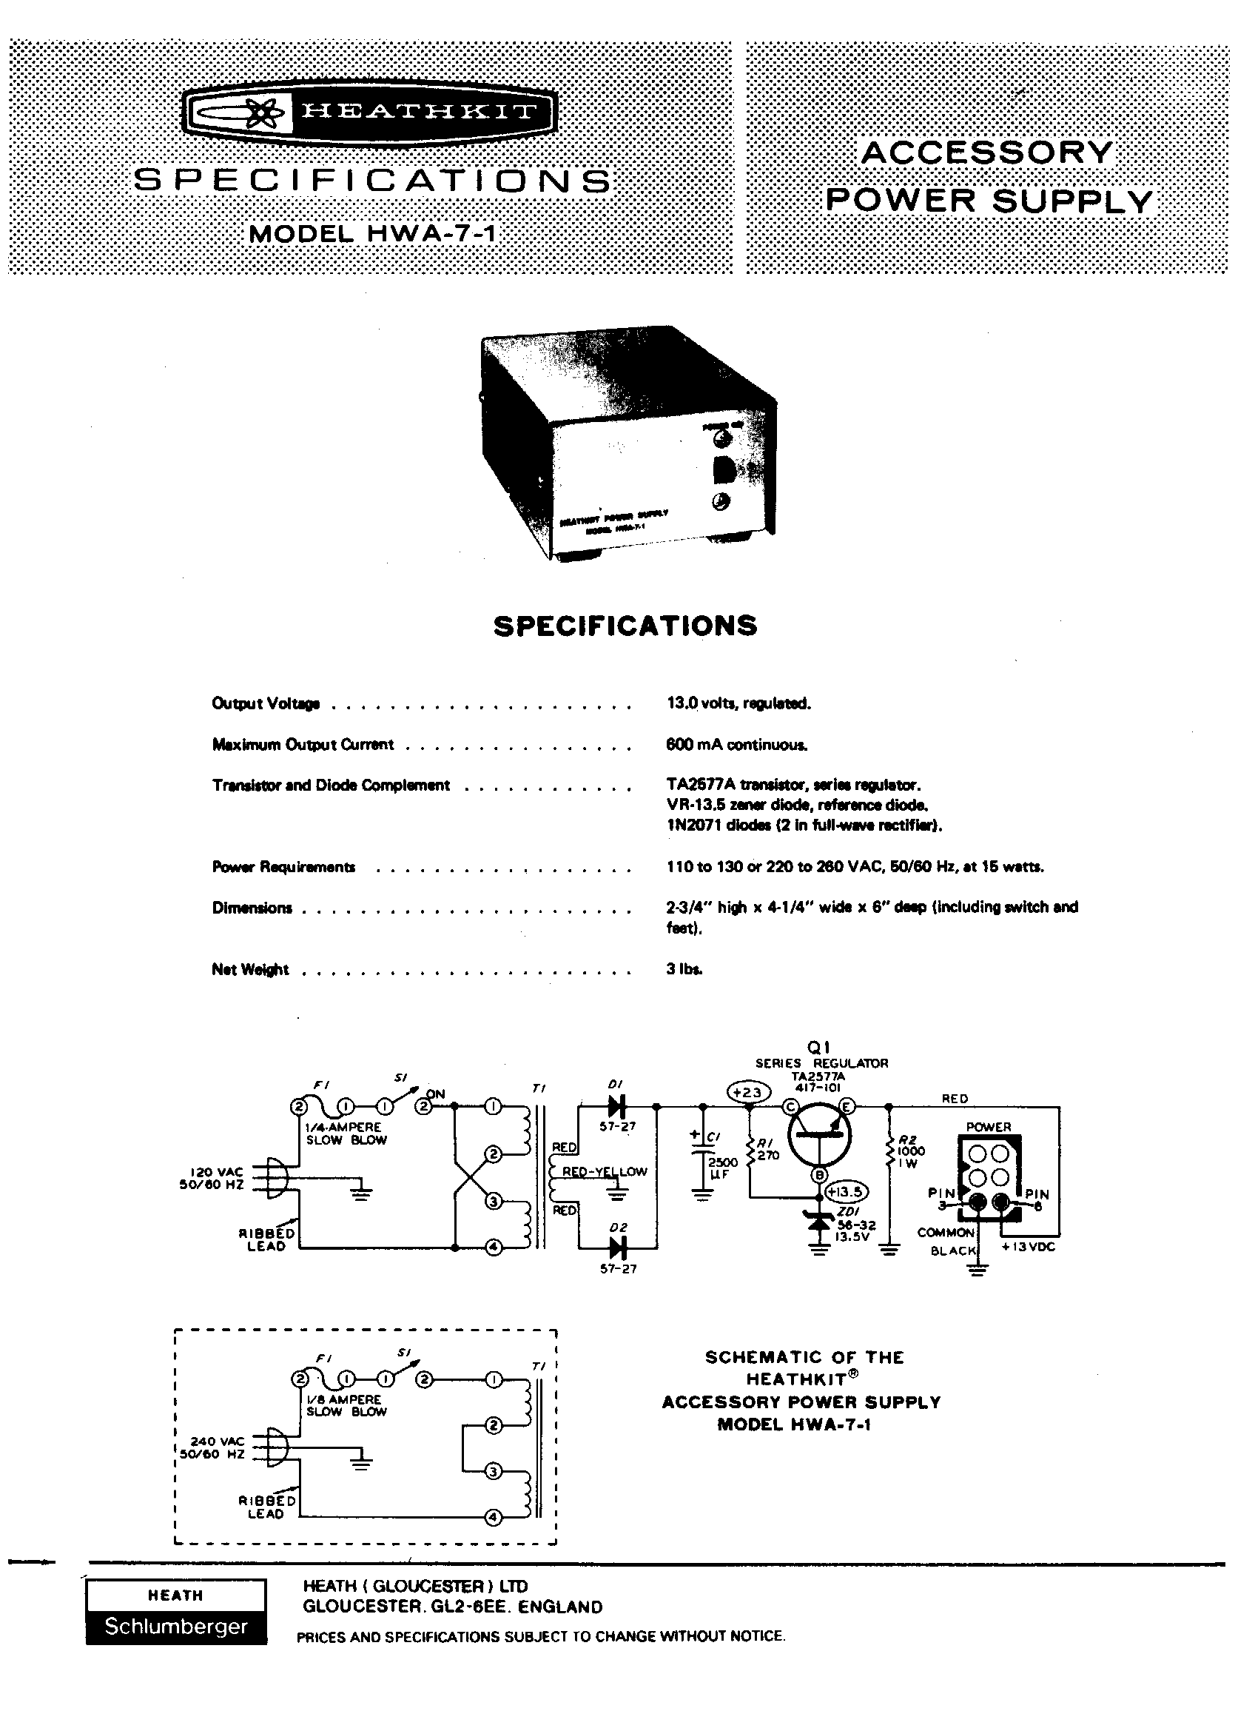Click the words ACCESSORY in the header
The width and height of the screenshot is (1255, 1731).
987,153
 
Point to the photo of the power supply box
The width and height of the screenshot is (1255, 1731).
627,442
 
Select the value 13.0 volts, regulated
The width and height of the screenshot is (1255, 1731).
738,703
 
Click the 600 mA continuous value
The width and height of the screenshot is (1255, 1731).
736,745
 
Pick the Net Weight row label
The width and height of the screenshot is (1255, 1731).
250,970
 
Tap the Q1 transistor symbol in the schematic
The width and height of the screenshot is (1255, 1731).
818,1134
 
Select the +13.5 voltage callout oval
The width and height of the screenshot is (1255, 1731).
847,1191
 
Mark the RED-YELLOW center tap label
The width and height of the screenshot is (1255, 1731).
605,1171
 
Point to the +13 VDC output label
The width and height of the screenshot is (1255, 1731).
1029,1247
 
